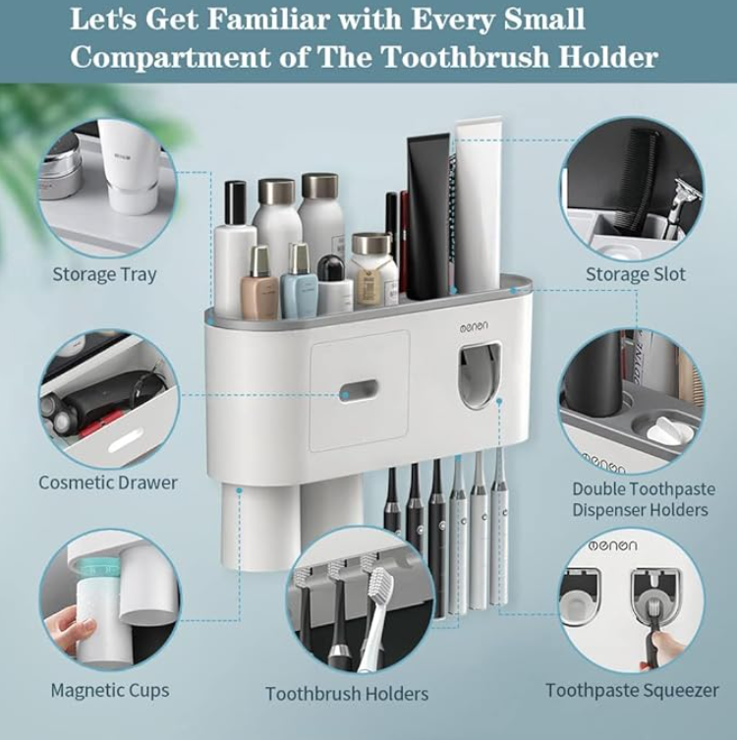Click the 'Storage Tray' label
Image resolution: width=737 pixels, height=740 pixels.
104,274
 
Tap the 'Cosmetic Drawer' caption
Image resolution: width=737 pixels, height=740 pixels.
107,483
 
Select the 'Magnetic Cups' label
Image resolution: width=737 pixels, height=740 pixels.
110,691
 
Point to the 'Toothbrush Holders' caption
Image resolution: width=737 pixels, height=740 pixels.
347,694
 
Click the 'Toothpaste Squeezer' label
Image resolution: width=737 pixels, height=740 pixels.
632,691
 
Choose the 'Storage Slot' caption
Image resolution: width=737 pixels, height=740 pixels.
635,274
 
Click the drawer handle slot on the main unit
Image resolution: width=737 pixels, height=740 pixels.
359,391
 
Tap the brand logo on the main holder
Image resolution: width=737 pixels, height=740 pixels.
475,326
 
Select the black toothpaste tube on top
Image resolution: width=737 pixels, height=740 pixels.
427,217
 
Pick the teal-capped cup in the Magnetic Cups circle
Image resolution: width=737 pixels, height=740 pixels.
99,609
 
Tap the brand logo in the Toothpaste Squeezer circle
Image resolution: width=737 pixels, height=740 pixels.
612,546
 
